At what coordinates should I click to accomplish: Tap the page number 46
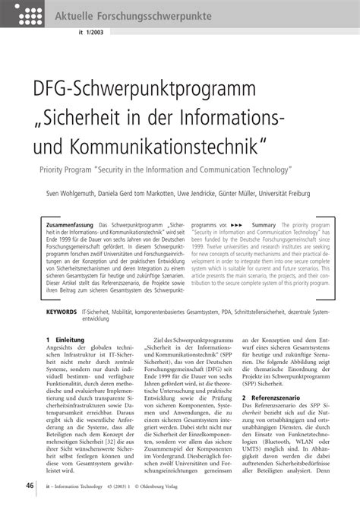click(x=28, y=486)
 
